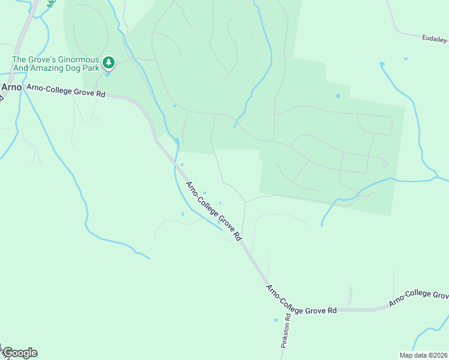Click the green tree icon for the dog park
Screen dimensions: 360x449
tap(108, 62)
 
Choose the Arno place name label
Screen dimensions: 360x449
tap(11, 87)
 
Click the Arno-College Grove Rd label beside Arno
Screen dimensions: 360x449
tap(65, 92)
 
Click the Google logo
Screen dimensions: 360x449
tap(20, 353)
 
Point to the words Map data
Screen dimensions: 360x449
tap(412, 355)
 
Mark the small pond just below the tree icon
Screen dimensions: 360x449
tap(107, 74)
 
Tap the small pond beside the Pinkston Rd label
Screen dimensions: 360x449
tap(276, 320)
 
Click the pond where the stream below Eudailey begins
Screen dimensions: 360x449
tap(382, 64)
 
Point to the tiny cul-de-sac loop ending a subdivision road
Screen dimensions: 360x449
tap(385, 163)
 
